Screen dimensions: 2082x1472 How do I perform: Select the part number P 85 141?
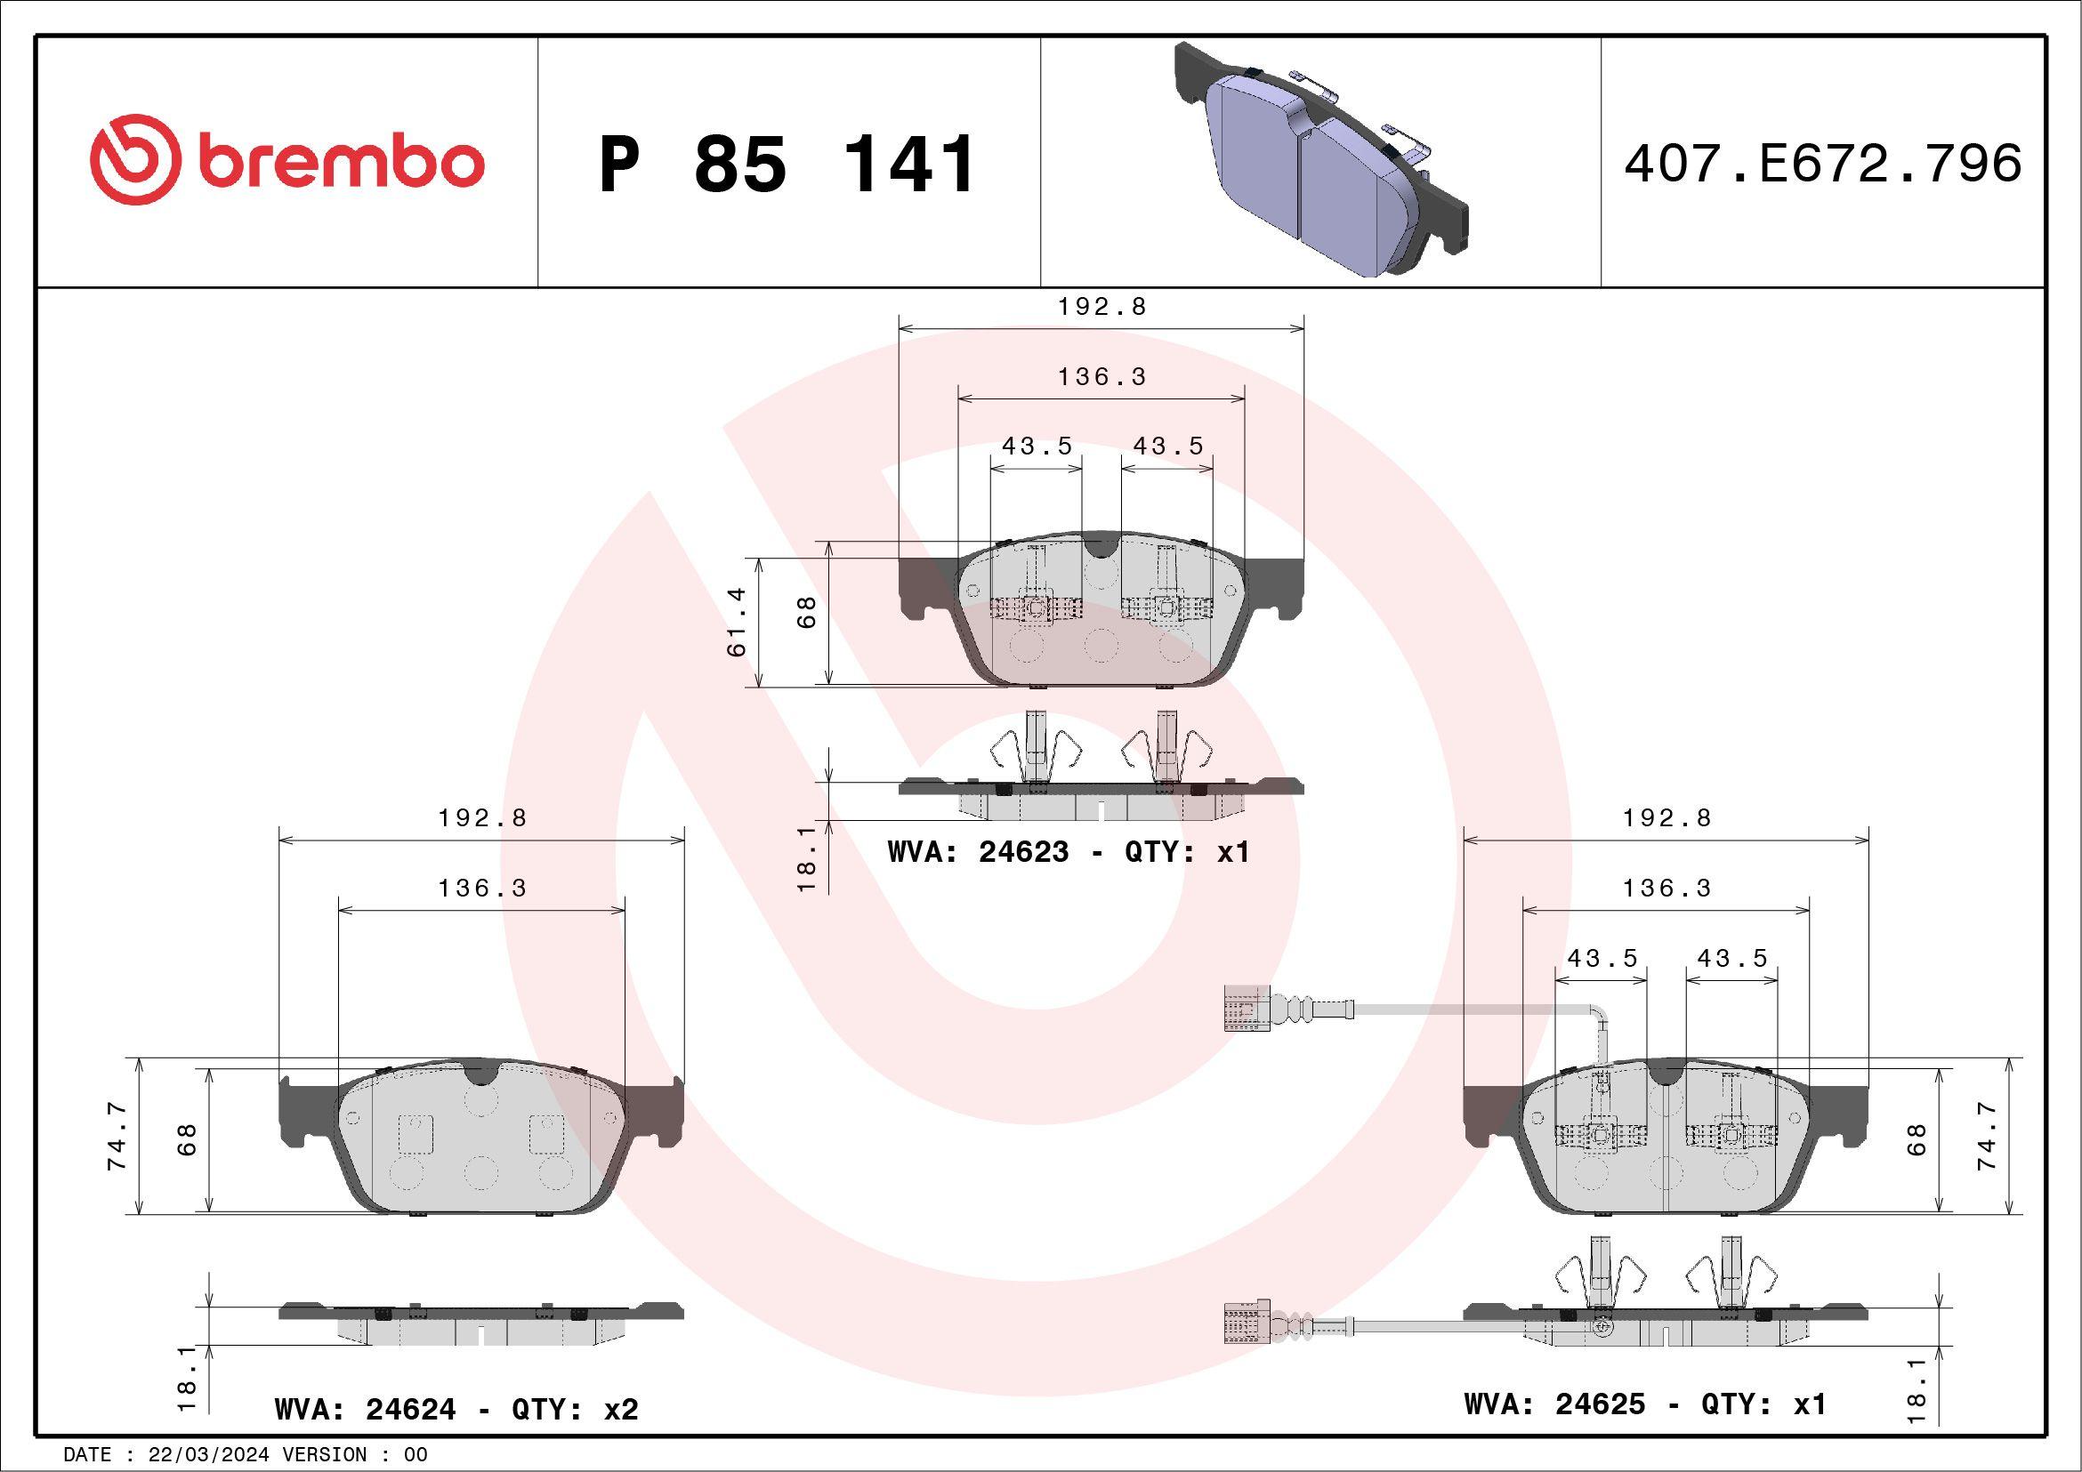(x=787, y=164)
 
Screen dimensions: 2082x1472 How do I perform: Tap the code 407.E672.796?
(x=1823, y=163)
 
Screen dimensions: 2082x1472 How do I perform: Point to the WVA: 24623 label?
(x=979, y=852)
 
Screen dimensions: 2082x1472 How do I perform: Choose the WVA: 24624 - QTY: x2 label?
(x=456, y=1409)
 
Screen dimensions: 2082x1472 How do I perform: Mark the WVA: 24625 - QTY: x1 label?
(x=1645, y=1404)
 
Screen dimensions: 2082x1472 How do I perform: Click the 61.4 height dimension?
(x=737, y=622)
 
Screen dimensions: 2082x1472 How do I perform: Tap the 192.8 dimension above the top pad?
(x=1102, y=306)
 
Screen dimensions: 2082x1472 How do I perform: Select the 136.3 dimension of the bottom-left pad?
(x=482, y=888)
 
